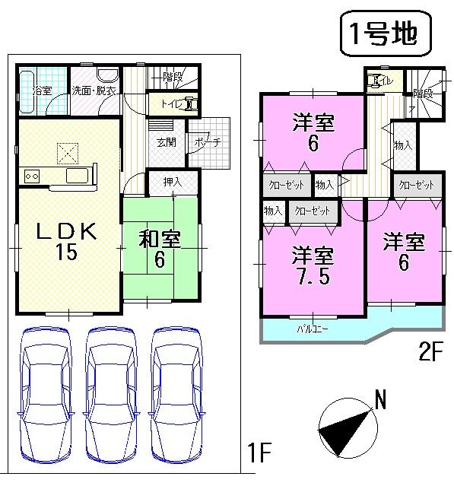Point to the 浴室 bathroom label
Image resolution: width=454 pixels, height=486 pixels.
tap(42, 91)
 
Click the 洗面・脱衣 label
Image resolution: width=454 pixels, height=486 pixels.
tap(94, 91)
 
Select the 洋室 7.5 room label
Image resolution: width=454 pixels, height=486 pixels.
tap(313, 265)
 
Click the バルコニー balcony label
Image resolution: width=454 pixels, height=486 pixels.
tap(307, 329)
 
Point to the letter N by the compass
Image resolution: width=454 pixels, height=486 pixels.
tap(380, 398)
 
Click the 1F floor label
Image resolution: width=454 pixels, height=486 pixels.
tap(259, 454)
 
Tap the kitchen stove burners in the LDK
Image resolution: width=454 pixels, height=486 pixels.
tap(33, 176)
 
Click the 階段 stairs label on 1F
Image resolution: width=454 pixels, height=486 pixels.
tap(173, 76)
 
